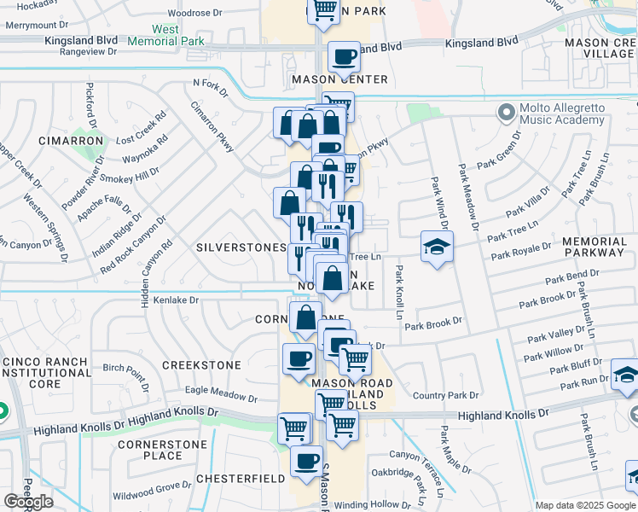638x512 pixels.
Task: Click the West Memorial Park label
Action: pos(166,35)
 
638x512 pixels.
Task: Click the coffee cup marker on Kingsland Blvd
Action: pos(344,57)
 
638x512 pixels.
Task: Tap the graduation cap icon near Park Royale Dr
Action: pos(437,247)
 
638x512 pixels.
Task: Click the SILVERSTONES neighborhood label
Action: pos(241,247)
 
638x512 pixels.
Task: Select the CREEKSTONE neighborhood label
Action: pos(201,364)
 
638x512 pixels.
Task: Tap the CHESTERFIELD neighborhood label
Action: pos(241,479)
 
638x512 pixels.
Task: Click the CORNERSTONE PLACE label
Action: pos(162,450)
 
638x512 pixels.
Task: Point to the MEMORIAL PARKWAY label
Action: pos(594,247)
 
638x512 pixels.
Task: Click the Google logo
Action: pos(28,502)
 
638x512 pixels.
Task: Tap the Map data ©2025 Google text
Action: pos(585,505)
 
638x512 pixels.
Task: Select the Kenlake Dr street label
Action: pos(170,300)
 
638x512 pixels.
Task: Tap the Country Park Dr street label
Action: pos(445,395)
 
